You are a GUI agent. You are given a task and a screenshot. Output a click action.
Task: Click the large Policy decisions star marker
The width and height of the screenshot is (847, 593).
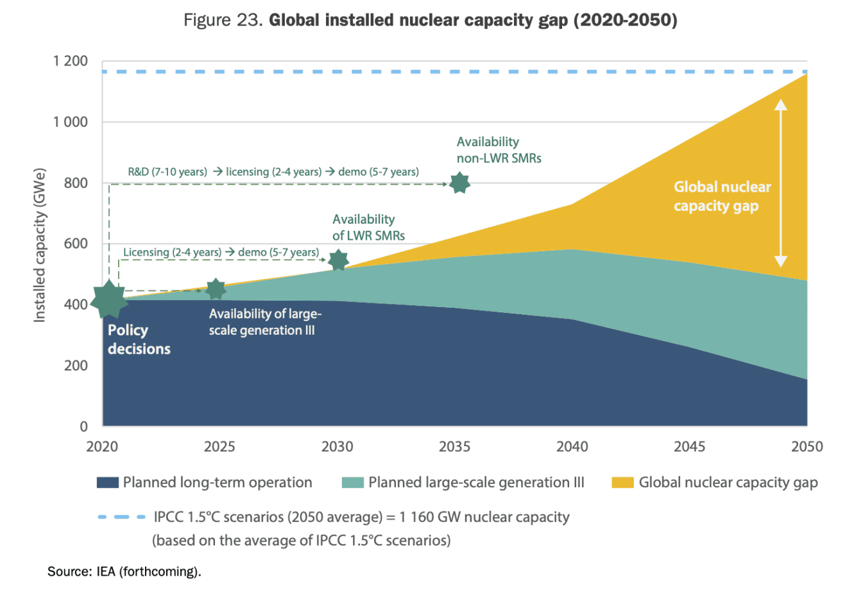tap(108, 299)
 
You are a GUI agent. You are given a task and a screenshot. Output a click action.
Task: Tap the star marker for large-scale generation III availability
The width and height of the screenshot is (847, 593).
tap(216, 289)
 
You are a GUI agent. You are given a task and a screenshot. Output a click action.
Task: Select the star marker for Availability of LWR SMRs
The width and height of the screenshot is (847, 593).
tap(338, 260)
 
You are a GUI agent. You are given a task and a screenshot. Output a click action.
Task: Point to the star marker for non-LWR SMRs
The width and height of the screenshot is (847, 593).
tap(459, 183)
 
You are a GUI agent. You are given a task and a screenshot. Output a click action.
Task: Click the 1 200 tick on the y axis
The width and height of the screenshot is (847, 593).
tap(71, 62)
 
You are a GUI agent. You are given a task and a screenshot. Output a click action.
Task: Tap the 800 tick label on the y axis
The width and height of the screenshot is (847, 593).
tap(76, 183)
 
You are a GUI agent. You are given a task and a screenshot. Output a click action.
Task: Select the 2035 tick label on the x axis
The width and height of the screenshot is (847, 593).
tap(454, 447)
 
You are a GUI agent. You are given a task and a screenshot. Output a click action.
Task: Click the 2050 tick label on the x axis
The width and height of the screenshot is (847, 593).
tap(807, 447)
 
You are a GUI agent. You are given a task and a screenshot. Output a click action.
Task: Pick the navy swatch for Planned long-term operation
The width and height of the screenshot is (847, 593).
tap(108, 483)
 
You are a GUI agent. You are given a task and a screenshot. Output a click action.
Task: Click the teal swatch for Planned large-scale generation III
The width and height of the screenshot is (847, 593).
tap(353, 483)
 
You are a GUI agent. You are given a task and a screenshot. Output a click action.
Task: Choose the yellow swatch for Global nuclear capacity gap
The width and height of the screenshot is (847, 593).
tap(622, 483)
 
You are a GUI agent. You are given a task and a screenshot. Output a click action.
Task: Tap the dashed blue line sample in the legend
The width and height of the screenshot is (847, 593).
tap(122, 517)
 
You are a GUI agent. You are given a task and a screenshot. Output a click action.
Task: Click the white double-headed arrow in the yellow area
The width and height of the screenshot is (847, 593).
tap(780, 183)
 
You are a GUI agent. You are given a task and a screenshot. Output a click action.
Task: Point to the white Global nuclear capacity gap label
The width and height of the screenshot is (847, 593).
tap(721, 196)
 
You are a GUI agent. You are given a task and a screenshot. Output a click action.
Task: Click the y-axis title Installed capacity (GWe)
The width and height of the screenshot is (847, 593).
tap(40, 245)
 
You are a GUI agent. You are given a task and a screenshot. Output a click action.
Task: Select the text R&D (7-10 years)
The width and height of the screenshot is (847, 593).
tap(167, 172)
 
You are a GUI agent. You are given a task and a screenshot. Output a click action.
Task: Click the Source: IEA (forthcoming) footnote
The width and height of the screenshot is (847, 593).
tap(124, 571)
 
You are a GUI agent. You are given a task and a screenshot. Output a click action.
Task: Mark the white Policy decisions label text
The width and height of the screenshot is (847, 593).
tap(139, 339)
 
